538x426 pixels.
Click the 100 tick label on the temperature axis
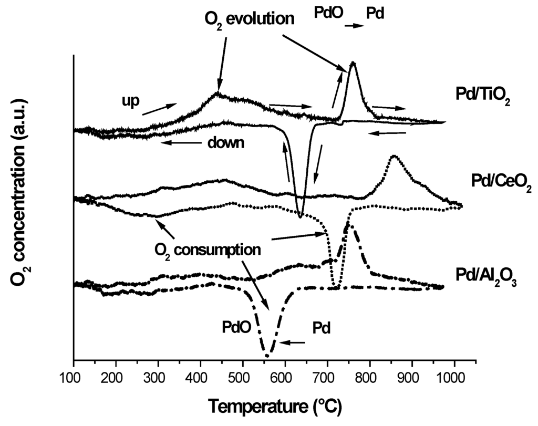coord(74,379)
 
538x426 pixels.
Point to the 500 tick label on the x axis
coord(242,379)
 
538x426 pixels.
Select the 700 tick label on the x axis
coord(327,379)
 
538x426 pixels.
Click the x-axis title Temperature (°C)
coord(275,406)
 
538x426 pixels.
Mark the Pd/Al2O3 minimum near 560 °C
coord(267,356)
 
